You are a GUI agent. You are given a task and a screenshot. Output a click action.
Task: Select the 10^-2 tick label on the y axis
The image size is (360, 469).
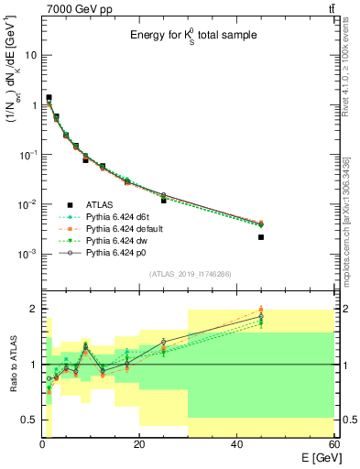27,204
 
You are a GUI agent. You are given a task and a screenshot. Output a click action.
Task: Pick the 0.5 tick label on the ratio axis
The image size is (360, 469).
27,420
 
